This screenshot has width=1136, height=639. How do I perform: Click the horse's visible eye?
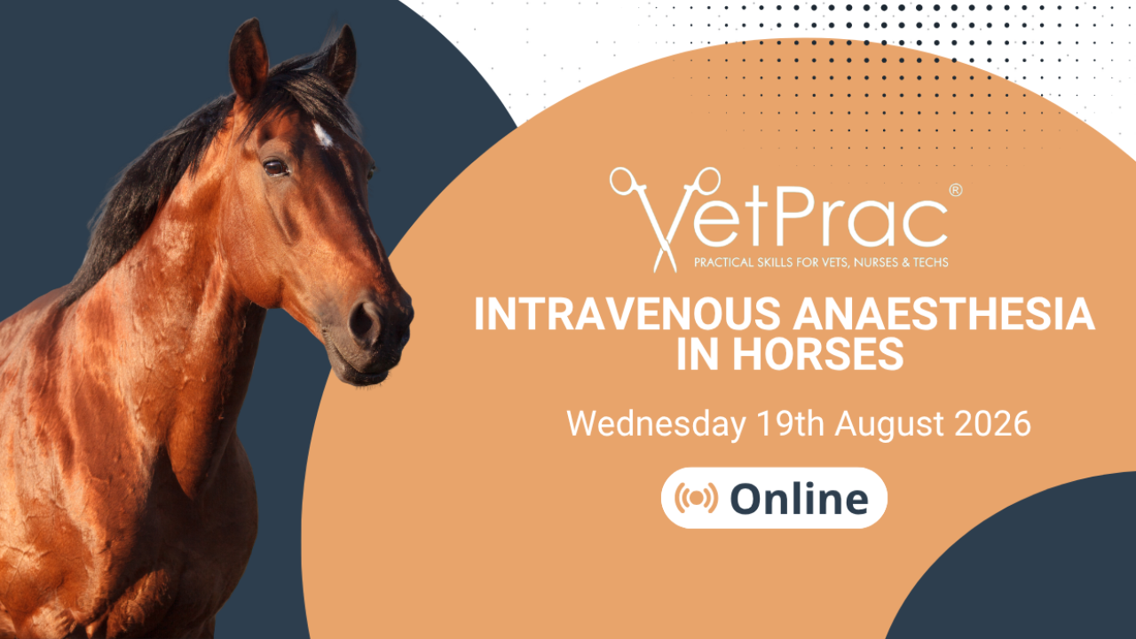click(x=276, y=168)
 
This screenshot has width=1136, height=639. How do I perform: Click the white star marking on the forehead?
click(x=322, y=134)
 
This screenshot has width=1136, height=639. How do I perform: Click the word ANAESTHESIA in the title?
click(x=943, y=314)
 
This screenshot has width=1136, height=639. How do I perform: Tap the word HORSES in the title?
click(x=818, y=354)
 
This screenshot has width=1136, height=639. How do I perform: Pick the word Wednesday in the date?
click(x=656, y=424)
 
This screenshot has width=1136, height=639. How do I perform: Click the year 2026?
click(x=992, y=423)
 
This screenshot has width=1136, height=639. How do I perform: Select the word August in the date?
click(x=889, y=425)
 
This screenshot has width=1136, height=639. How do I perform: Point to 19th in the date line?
click(x=790, y=423)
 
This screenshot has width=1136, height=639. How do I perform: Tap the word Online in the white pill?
click(x=800, y=499)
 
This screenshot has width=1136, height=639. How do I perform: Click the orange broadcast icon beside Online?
click(x=696, y=498)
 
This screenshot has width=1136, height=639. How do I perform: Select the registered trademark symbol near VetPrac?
click(x=955, y=190)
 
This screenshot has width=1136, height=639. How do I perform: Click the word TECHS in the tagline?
click(x=931, y=263)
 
